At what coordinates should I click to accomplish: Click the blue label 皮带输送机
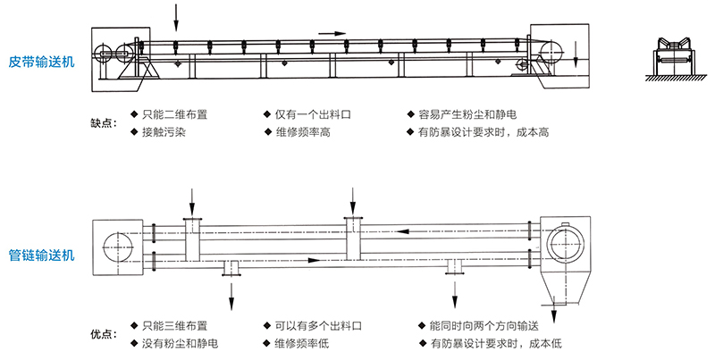click(x=41, y=63)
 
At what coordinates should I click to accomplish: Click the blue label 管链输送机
click(x=41, y=255)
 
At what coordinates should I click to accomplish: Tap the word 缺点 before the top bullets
click(x=103, y=123)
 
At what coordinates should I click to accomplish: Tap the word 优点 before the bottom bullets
click(x=103, y=334)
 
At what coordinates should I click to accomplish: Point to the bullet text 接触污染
click(x=164, y=132)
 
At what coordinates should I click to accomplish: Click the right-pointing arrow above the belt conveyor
click(x=332, y=34)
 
